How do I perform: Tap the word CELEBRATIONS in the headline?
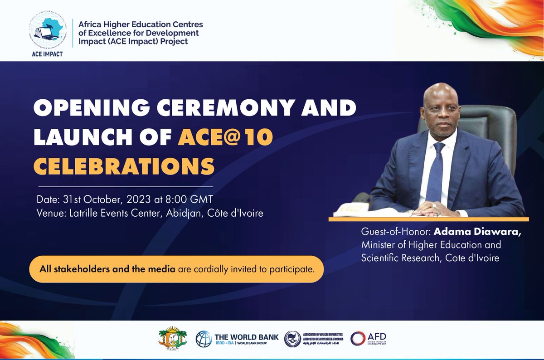[124, 166]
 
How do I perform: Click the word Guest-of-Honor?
[394, 232]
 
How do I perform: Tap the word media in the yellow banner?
[163, 269]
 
